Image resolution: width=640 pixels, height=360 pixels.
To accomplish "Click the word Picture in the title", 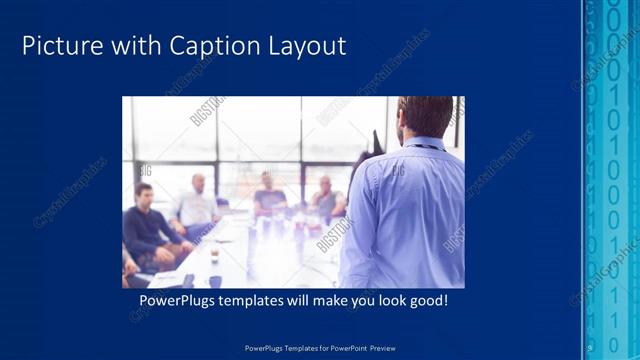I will click(59, 46).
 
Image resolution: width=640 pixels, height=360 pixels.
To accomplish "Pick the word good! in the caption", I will click(436, 300).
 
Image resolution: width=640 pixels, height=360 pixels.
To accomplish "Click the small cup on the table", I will click(214, 256).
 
